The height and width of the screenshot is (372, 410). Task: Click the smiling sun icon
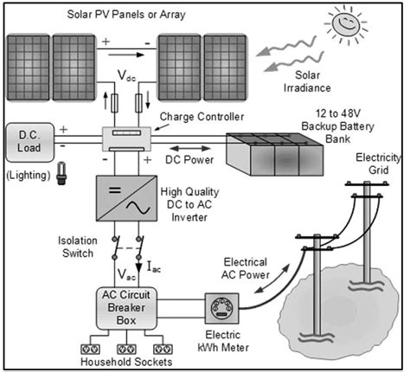[x=355, y=24]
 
